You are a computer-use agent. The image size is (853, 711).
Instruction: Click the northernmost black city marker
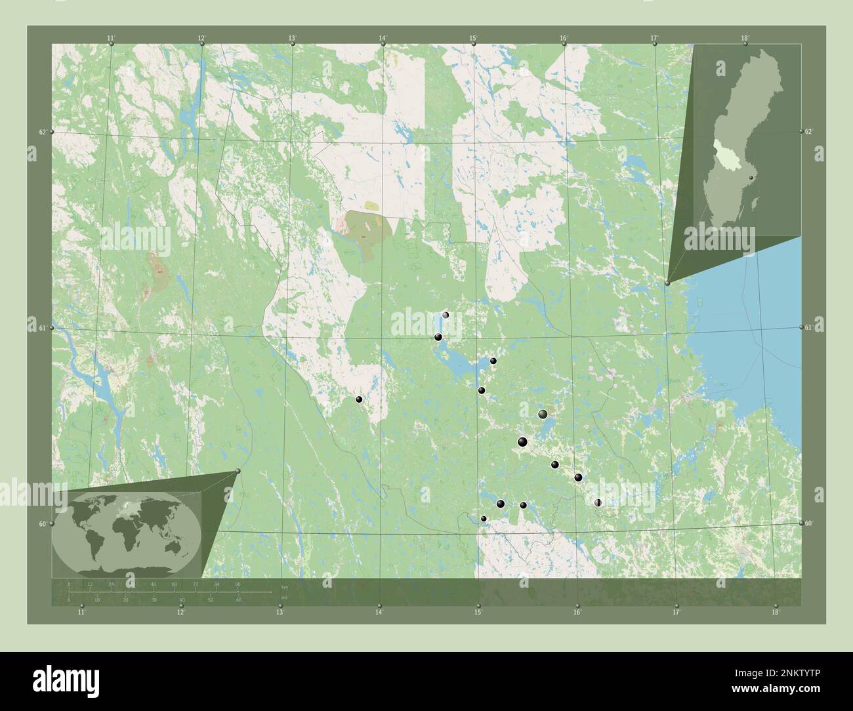[446, 315]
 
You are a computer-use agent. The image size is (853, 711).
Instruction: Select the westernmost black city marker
[359, 399]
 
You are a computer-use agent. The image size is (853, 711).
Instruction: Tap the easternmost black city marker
[598, 502]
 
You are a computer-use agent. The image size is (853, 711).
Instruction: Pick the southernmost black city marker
[484, 519]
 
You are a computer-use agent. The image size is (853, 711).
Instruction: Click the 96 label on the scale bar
[238, 584]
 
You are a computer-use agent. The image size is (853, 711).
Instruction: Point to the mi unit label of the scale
[283, 598]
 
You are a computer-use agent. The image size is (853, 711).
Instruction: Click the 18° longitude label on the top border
[745, 38]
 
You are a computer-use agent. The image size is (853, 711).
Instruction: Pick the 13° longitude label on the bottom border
[280, 613]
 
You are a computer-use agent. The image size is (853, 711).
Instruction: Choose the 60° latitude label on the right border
[810, 523]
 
